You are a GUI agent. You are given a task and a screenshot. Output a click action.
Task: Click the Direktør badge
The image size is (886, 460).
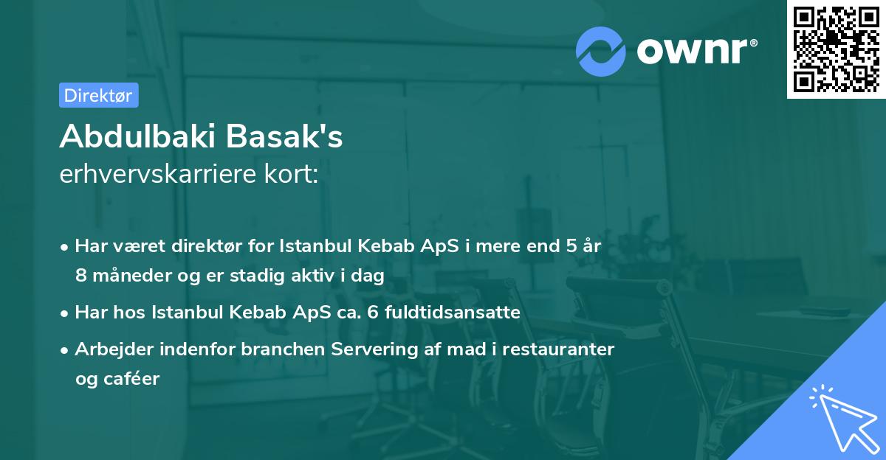[98, 95]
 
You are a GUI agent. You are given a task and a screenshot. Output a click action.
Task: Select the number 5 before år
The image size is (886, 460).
[571, 246]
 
